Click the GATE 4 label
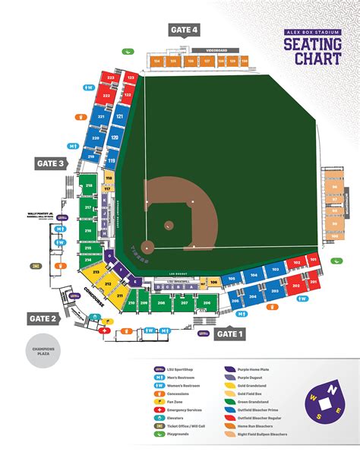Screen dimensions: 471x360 coord(185,30)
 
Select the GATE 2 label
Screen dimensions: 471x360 coord(43,318)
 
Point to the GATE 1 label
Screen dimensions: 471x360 coord(230,333)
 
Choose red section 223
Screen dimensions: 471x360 coord(110,78)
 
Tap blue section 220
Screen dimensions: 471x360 coord(96,139)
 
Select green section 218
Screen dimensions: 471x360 coord(88,185)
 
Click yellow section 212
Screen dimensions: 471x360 coord(109,285)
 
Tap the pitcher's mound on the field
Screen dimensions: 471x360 coord(168,225)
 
